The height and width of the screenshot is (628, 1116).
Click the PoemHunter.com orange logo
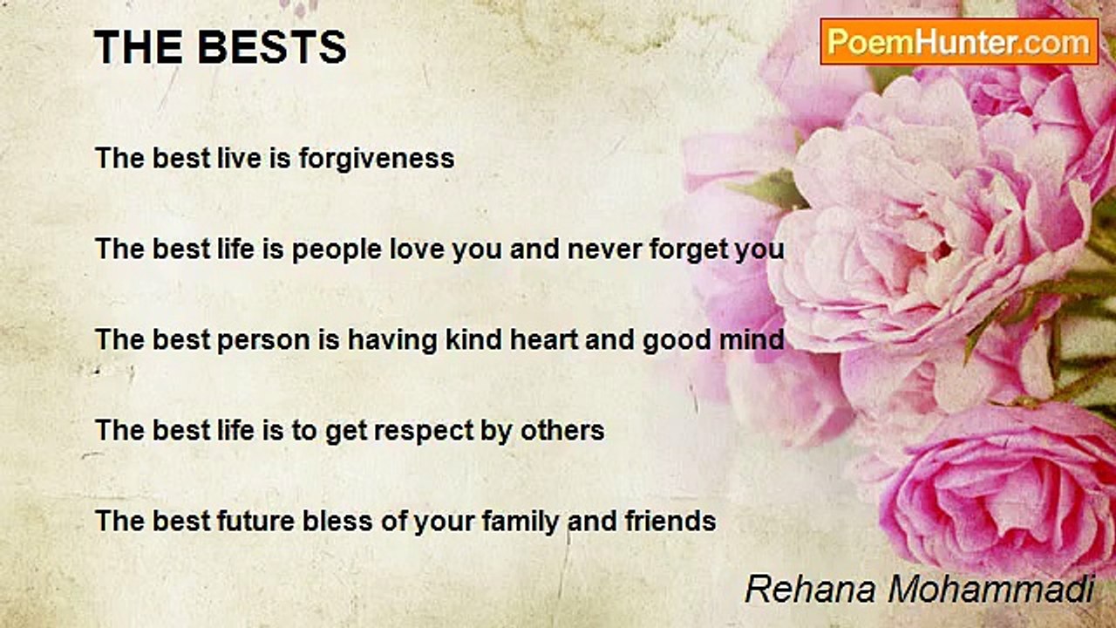pos(959,42)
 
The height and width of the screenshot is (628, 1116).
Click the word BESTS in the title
pos(273,47)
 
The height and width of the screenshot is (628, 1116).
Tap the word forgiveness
pos(377,160)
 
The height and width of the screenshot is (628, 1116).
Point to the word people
pos(337,250)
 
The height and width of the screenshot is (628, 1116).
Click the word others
pos(562,431)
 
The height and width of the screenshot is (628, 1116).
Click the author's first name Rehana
pos(811,589)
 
